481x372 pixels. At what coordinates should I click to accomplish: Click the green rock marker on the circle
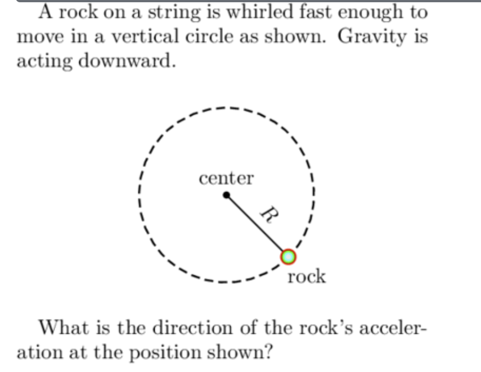[x=288, y=257]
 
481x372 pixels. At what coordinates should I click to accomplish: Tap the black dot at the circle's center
[x=226, y=195]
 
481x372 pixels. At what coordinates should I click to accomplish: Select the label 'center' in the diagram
[x=226, y=179]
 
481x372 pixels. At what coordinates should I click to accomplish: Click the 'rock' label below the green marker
[x=307, y=276]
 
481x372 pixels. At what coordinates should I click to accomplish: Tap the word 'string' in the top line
[x=180, y=13]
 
